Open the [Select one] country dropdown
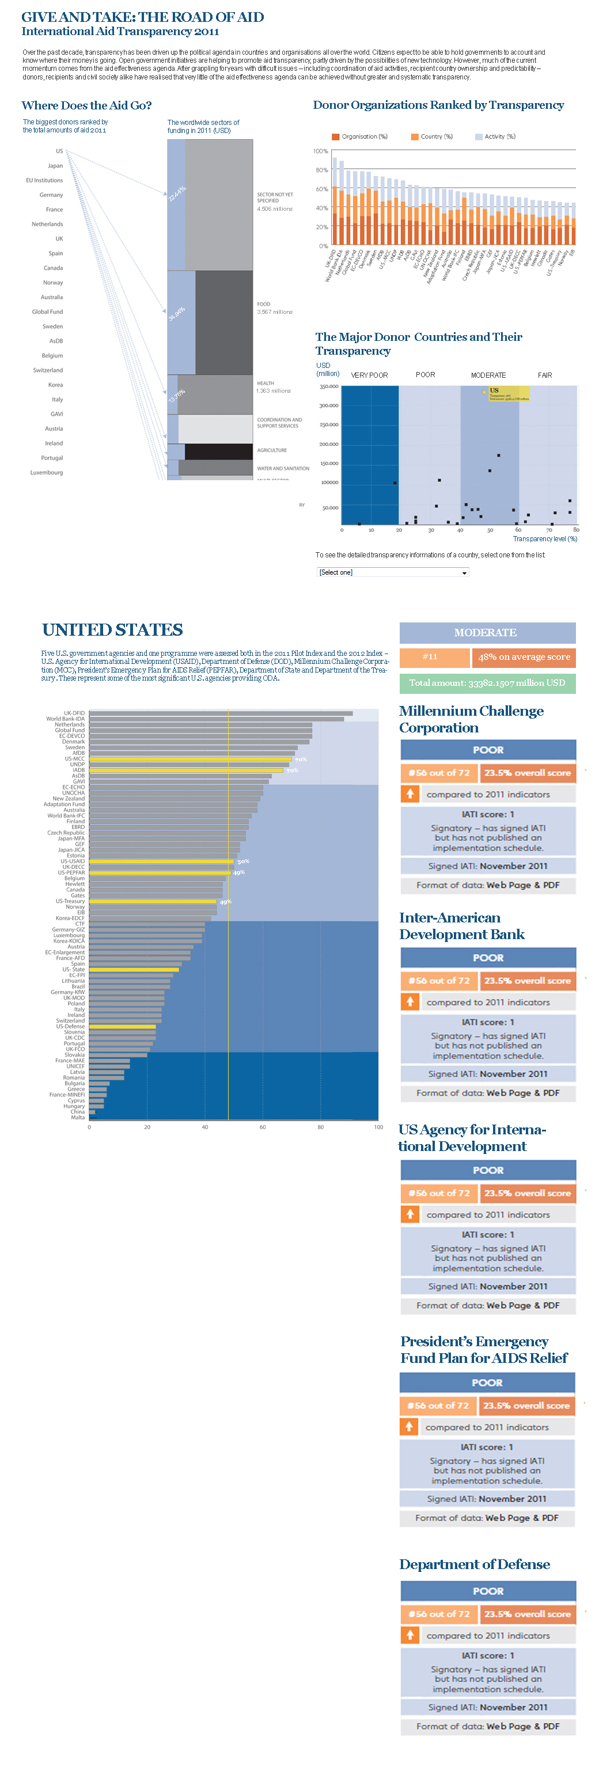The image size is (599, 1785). (x=392, y=572)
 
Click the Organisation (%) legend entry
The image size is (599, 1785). (x=361, y=136)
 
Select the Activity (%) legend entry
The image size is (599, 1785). (x=496, y=136)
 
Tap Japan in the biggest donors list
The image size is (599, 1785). (x=55, y=166)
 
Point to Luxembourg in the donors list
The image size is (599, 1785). (x=47, y=473)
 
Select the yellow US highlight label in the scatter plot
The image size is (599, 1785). (x=506, y=393)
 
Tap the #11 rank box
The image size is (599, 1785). (x=430, y=657)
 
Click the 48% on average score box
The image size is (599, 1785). (x=524, y=657)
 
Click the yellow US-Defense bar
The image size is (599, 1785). (x=122, y=1026)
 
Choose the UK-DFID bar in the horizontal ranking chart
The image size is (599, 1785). (x=221, y=713)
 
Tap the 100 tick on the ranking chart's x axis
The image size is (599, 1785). (x=378, y=1127)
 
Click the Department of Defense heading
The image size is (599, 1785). (x=474, y=1564)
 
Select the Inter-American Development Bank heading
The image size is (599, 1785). (x=462, y=926)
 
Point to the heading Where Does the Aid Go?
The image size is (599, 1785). (x=86, y=105)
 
